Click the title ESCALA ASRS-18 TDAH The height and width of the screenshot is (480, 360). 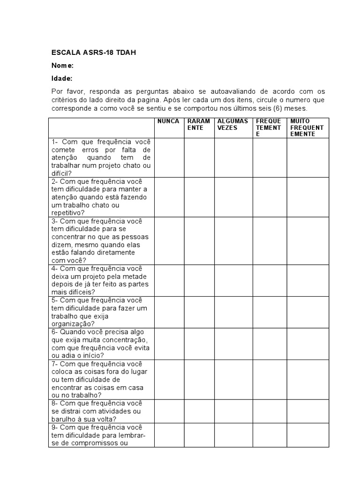point(93,52)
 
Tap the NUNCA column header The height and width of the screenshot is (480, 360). point(168,121)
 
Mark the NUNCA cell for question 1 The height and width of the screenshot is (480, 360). point(169,157)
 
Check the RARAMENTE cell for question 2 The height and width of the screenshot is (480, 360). point(199,197)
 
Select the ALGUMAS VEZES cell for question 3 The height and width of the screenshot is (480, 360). point(234,240)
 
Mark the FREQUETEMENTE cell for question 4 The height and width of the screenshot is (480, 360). point(270,280)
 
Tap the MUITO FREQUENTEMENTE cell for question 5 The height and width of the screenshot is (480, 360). point(308,312)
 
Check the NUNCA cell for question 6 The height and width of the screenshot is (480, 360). point(169,344)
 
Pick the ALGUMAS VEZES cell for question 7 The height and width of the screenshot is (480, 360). point(234,380)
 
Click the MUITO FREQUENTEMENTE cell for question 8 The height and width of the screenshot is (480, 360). point(308,411)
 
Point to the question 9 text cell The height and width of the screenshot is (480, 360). point(101,435)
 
